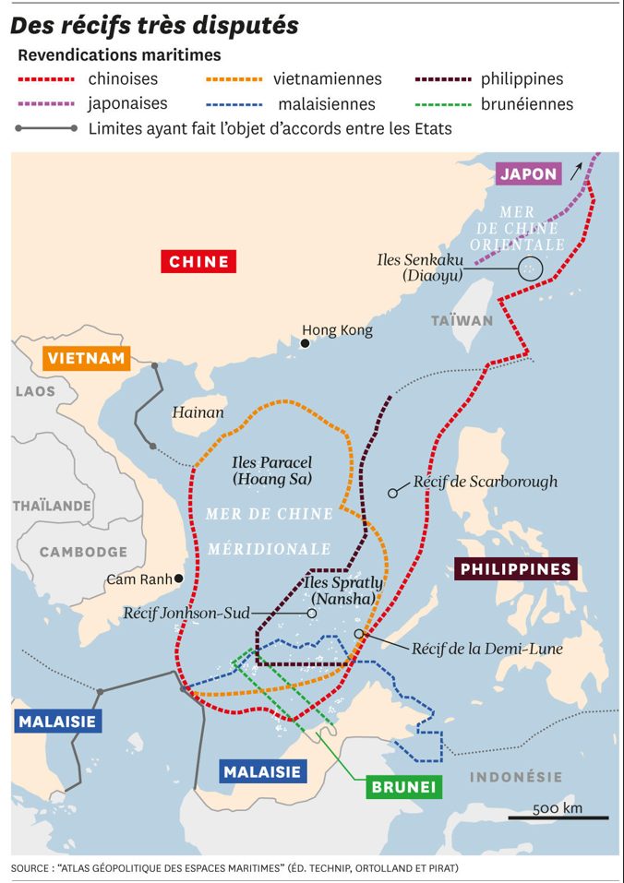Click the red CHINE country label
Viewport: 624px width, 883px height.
pyautogui.click(x=198, y=261)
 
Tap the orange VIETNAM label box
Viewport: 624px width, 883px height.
pyautogui.click(x=87, y=359)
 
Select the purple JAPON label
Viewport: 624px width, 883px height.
pyautogui.click(x=528, y=173)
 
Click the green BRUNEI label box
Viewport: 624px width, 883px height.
pyautogui.click(x=403, y=787)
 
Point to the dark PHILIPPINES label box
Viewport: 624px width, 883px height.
pyautogui.click(x=515, y=569)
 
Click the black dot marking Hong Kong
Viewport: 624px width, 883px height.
pyautogui.click(x=305, y=343)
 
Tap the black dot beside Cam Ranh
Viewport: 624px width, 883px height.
pyautogui.click(x=179, y=579)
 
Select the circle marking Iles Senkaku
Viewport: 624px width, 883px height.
pyautogui.click(x=529, y=268)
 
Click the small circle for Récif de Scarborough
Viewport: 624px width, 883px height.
pyautogui.click(x=392, y=494)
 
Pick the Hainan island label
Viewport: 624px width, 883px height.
pyautogui.click(x=198, y=412)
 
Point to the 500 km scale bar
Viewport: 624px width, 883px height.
pyautogui.click(x=570, y=817)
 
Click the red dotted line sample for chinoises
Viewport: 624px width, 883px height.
pyautogui.click(x=46, y=80)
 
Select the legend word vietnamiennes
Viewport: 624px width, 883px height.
pyautogui.click(x=327, y=79)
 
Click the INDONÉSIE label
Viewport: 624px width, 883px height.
pyautogui.click(x=516, y=777)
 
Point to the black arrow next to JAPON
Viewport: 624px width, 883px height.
pyautogui.click(x=577, y=170)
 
